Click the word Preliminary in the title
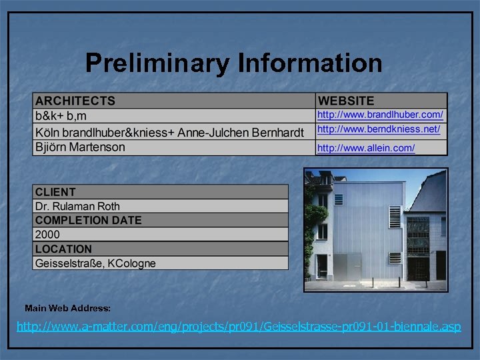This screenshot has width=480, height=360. click(157, 63)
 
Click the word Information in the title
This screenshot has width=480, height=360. click(309, 63)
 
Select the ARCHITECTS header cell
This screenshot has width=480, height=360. click(75, 101)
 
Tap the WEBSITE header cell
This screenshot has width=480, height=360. click(346, 101)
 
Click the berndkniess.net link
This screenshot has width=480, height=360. click(379, 129)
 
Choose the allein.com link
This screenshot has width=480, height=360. click(366, 148)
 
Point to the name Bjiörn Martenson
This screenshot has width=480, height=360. click(80, 147)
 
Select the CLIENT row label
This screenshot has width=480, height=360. click(55, 192)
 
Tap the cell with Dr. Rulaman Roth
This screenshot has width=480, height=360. click(77, 207)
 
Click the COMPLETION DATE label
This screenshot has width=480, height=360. click(88, 221)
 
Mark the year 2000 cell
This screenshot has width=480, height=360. click(47, 235)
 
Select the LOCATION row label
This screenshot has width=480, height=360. click(63, 249)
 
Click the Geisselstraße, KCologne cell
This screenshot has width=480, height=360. click(95, 263)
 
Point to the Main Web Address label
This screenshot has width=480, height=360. click(67, 309)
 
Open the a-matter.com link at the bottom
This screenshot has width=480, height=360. click(239, 327)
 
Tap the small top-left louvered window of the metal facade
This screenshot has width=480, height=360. click(339, 199)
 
